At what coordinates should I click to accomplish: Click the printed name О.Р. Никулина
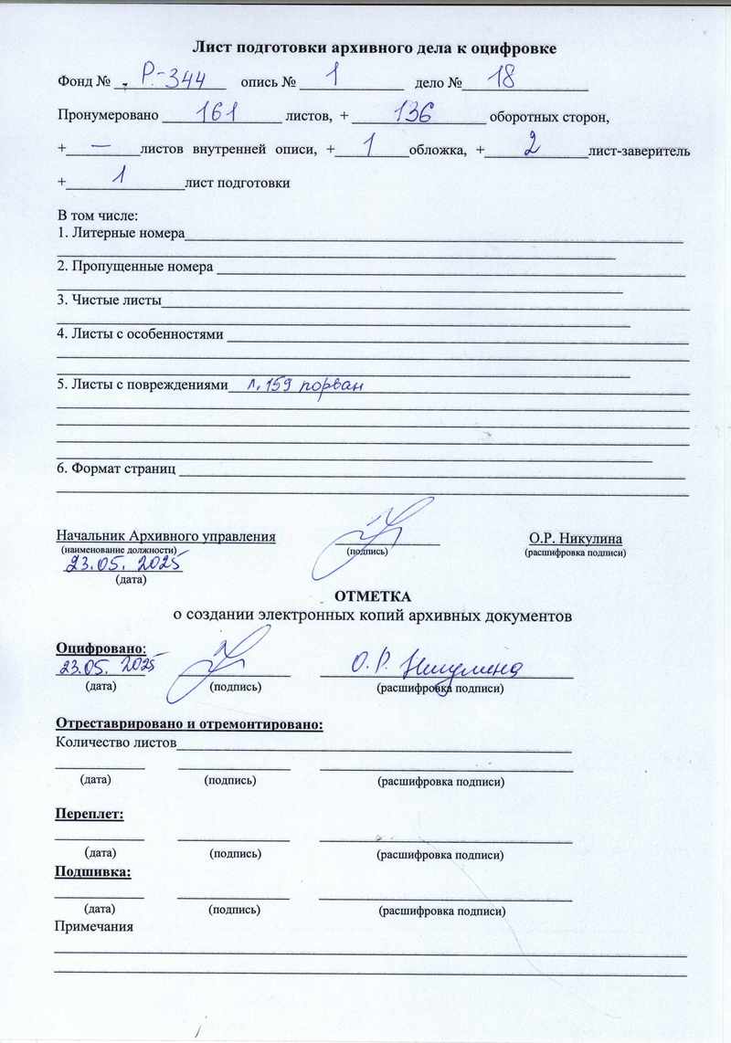pos(575,538)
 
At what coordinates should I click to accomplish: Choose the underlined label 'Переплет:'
pos(90,812)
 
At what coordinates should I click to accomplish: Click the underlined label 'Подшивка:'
pos(93,872)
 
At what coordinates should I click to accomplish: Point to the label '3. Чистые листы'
pos(109,300)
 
